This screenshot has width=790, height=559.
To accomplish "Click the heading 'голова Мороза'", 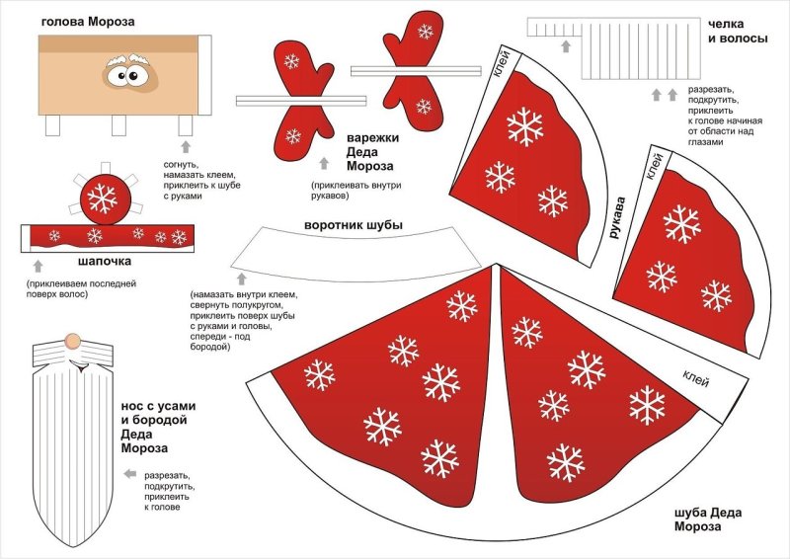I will [x=89, y=20].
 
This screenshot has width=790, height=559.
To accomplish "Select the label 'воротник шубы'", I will [x=353, y=225].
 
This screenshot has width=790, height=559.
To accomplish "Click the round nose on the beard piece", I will [x=71, y=341].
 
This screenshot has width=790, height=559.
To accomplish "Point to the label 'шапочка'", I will [x=105, y=261].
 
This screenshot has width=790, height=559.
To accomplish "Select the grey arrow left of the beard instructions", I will [x=129, y=474].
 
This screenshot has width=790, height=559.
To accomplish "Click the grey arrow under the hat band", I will [x=39, y=265].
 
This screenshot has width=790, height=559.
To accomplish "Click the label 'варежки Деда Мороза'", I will [x=370, y=152].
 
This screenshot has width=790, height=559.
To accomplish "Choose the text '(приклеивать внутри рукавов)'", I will [x=357, y=190].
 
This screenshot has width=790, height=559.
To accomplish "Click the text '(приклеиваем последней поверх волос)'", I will [x=81, y=288].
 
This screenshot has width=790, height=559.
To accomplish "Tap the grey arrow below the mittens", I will [x=322, y=163].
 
